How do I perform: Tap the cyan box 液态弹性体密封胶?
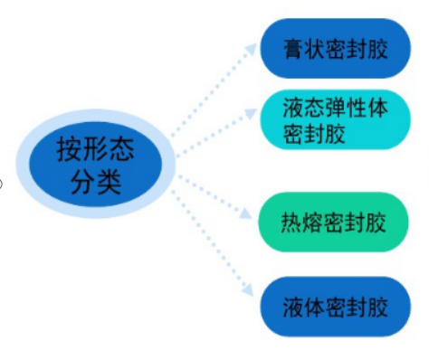coord(337,121)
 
